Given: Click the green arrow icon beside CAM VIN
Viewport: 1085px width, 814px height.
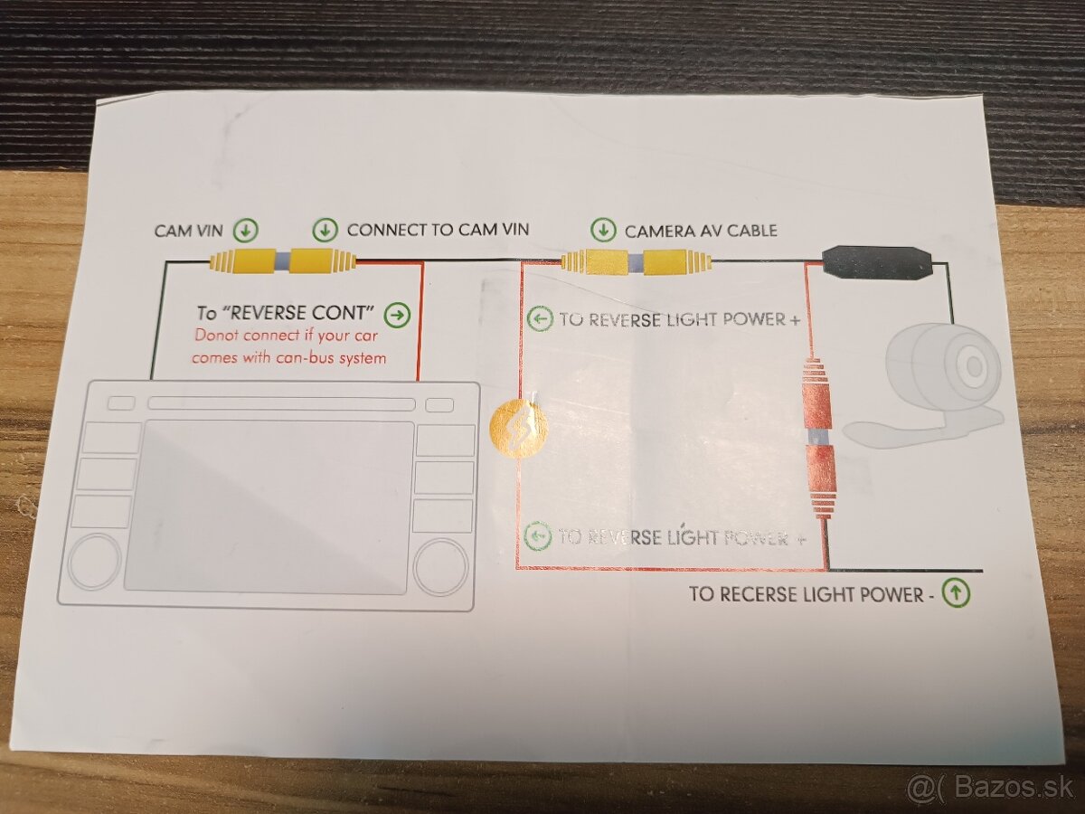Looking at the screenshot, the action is coord(246,231).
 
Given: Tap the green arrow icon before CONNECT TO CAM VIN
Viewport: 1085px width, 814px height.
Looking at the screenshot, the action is coord(325,230).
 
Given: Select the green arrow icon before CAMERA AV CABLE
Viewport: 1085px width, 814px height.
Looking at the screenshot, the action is coord(603,230).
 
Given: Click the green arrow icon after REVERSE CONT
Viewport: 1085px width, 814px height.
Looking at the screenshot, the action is coord(398,315).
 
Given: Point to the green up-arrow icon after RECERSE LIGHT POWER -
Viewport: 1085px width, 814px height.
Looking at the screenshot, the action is coord(956,593).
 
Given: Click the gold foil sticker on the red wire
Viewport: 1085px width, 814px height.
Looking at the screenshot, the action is coord(518,429).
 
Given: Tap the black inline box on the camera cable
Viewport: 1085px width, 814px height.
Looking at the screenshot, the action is coord(877,263).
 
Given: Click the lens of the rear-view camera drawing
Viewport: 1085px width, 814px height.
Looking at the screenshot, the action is coord(974,365).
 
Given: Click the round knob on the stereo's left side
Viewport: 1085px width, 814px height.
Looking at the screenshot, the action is coord(95,562).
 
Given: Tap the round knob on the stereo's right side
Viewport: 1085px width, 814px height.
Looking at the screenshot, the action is coord(441,567).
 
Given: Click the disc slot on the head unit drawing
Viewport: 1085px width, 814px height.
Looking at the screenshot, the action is coord(281,403).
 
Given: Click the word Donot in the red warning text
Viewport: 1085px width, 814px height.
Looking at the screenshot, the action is coord(215,335).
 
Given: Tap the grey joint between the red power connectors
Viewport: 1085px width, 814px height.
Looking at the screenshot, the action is coord(817,437).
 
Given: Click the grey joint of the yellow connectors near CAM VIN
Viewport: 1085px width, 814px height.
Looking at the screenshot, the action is coord(282,260).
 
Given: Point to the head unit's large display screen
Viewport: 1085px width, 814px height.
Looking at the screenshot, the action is coord(269,507).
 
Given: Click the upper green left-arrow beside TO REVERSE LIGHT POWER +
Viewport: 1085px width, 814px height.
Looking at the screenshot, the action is coord(540,318).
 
